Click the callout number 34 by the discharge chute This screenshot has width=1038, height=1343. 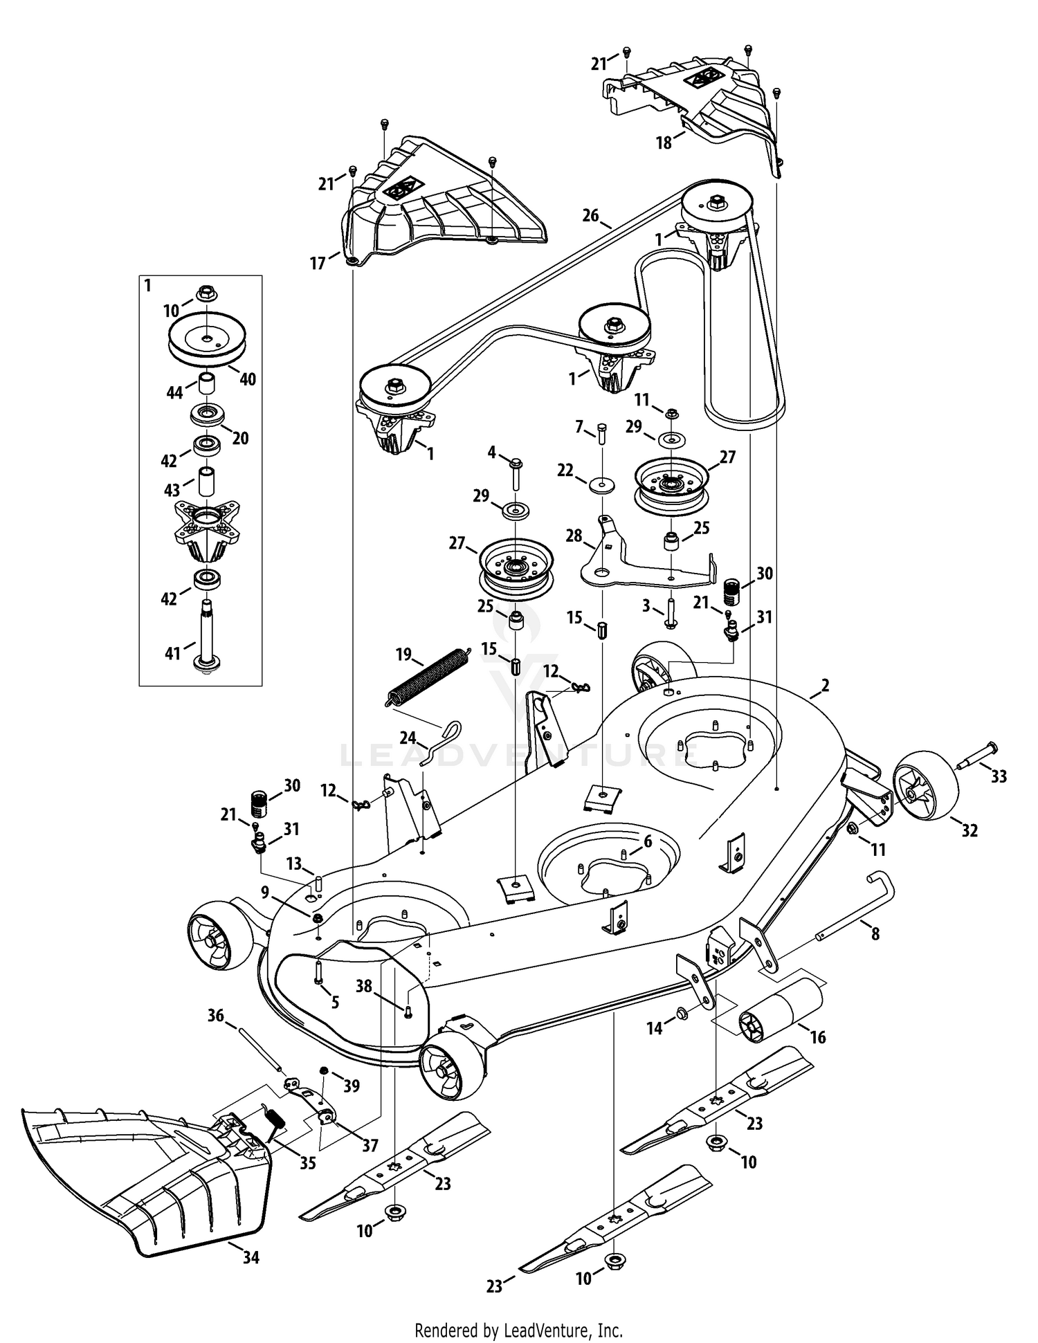click(251, 1257)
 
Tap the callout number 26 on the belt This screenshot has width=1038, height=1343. click(590, 215)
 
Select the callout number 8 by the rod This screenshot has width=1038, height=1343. click(875, 934)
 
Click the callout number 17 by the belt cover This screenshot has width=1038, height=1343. click(318, 264)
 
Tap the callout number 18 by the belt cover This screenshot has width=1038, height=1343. click(664, 143)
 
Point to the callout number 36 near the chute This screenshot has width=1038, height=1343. click(216, 1015)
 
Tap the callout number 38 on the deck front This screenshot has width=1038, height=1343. click(364, 986)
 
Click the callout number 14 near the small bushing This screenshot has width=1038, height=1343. click(654, 1028)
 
